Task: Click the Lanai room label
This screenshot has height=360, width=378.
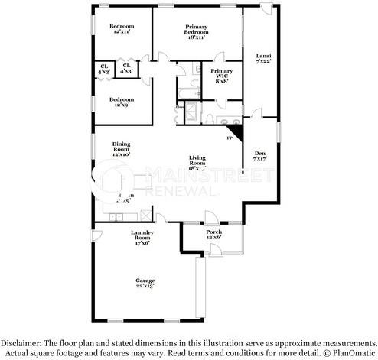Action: point(262,59)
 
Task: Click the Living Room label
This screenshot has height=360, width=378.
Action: point(197,161)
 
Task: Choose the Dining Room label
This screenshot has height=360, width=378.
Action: point(121,148)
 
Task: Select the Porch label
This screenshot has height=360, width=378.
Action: point(214,234)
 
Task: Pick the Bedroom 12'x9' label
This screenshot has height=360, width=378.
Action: point(121,102)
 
